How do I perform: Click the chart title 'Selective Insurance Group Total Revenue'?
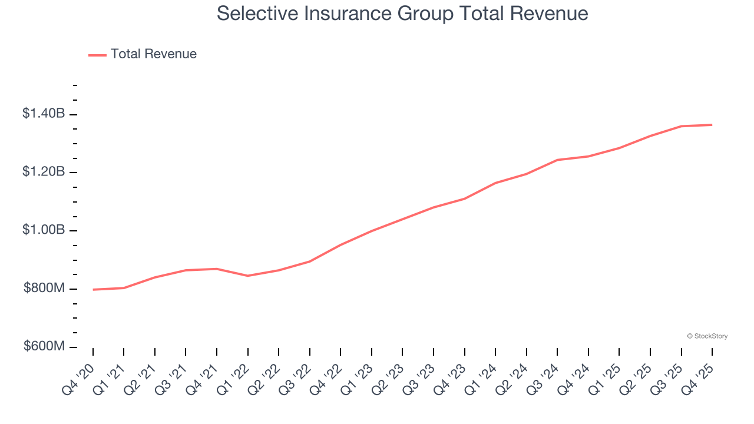click(x=402, y=13)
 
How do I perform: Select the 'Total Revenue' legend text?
click(x=153, y=54)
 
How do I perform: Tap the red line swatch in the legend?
click(x=97, y=55)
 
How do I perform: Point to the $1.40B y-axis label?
click(x=44, y=114)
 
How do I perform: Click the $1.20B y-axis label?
click(x=44, y=172)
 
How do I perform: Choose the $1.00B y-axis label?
click(x=44, y=230)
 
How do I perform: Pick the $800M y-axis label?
click(x=45, y=288)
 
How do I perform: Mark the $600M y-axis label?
click(x=45, y=346)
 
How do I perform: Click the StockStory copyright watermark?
click(x=707, y=336)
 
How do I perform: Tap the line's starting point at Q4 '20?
click(x=93, y=290)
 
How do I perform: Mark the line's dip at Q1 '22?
click(x=248, y=276)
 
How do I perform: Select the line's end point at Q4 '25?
click(x=712, y=125)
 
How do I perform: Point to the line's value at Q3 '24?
click(x=557, y=160)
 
